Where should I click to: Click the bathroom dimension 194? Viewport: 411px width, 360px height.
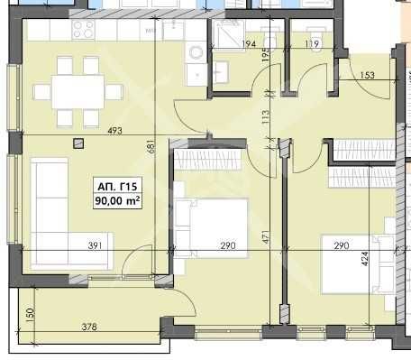point(250,43)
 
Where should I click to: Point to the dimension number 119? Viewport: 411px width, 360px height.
point(312,43)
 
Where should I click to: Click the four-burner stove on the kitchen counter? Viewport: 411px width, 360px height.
point(84,31)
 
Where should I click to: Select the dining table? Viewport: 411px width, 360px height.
point(77,91)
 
